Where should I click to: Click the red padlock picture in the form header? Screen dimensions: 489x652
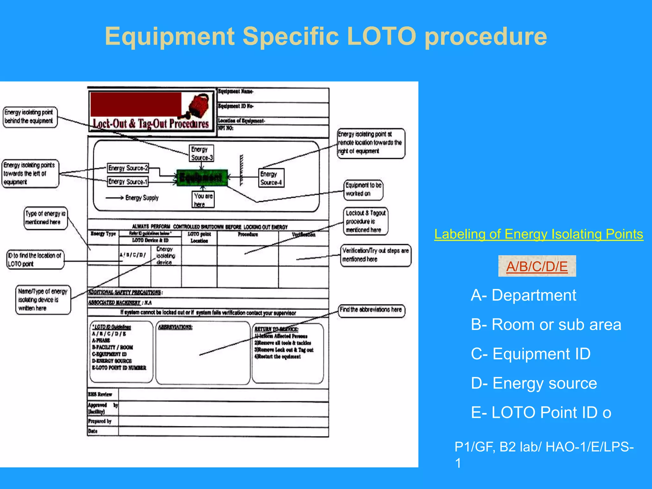click(x=199, y=105)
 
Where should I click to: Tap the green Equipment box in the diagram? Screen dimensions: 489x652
click(x=202, y=177)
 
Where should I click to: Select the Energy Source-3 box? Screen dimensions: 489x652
click(x=202, y=153)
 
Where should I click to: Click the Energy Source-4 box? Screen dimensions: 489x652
click(x=271, y=178)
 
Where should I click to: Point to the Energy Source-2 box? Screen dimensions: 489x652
click(x=128, y=168)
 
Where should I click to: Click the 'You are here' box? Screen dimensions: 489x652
click(x=203, y=200)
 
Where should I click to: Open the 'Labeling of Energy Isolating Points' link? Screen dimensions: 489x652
click(x=538, y=234)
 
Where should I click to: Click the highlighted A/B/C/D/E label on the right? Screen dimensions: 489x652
click(x=537, y=266)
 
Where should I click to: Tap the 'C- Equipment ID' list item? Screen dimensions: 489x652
click(x=531, y=354)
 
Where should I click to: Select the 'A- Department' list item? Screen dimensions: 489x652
click(x=523, y=295)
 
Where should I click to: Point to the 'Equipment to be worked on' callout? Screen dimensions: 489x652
click(x=363, y=189)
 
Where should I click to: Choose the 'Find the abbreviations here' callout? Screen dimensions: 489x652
click(x=371, y=310)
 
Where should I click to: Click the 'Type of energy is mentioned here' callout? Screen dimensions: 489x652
click(x=46, y=218)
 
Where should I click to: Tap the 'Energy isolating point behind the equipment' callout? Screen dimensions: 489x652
click(x=30, y=117)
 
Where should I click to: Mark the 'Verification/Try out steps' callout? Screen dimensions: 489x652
click(x=375, y=255)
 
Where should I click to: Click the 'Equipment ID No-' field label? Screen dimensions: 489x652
click(x=236, y=106)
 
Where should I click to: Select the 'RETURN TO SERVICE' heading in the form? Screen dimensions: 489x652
click(x=276, y=329)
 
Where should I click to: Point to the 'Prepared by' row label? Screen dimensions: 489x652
click(x=100, y=421)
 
